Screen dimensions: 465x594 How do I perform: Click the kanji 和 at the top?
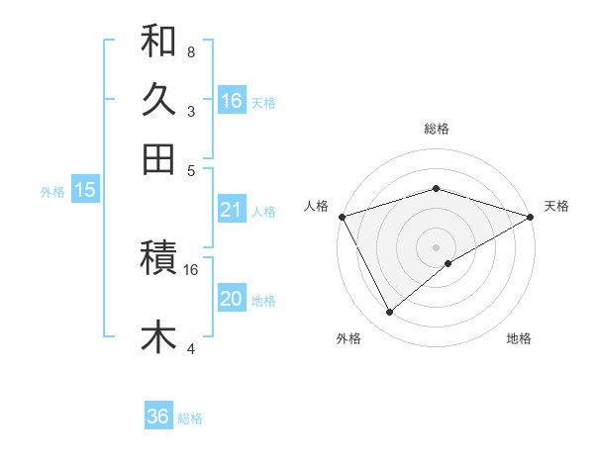point(158,42)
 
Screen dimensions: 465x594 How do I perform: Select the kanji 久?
point(158,100)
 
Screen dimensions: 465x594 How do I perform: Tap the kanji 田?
point(158,158)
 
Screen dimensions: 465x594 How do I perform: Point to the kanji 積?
point(158,259)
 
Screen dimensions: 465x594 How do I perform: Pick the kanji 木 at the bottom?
point(158,336)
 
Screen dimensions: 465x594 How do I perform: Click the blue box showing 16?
point(231,101)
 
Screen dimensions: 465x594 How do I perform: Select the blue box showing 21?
point(231,210)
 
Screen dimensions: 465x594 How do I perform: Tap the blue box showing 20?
point(231,300)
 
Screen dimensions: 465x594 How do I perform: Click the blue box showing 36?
point(158,417)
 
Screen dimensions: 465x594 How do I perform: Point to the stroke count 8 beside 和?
point(190,51)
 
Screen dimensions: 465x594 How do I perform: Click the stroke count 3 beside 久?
point(190,111)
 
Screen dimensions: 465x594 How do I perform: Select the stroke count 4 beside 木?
point(190,348)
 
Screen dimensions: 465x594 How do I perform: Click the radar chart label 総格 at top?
point(437,129)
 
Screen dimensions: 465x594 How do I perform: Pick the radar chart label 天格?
point(556,206)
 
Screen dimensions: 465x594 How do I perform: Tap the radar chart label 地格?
point(519,339)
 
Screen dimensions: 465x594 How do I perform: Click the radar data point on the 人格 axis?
point(342,216)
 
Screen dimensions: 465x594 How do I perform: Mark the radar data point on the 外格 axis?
point(390,313)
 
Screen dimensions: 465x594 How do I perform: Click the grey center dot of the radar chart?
point(437,246)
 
